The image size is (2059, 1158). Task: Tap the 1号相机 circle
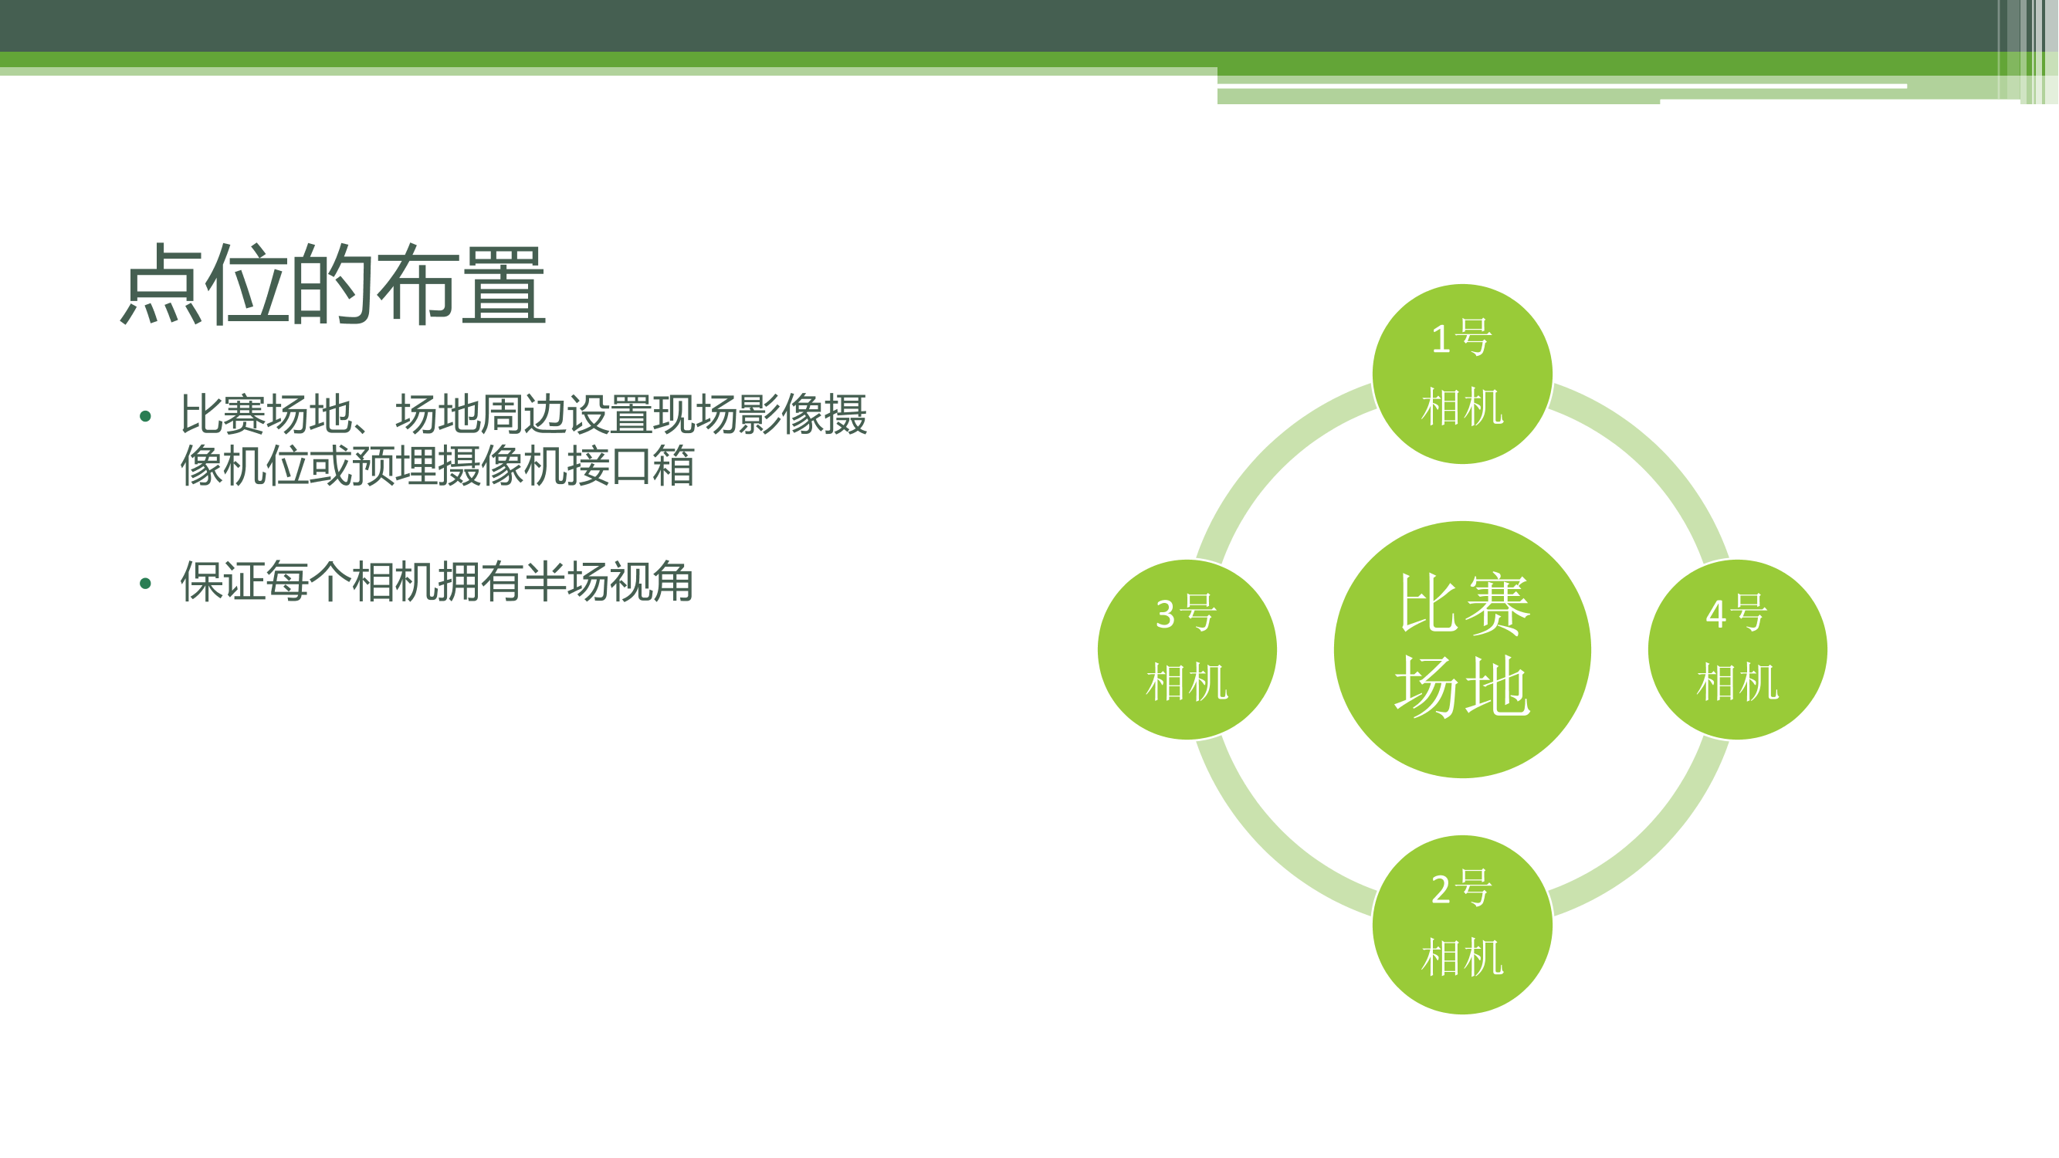1463,374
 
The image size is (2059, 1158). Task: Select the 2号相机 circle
1463,925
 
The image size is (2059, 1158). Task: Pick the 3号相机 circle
1187,650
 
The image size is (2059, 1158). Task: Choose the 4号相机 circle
1738,650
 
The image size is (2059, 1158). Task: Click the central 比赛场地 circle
1463,650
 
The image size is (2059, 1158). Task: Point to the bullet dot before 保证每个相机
144,584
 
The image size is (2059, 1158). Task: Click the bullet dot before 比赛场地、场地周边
144,415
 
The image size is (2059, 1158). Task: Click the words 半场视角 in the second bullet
608,582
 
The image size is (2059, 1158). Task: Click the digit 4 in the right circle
1716,614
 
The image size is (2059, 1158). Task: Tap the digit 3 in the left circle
1166,614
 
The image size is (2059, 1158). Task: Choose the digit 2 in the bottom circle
1441,889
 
